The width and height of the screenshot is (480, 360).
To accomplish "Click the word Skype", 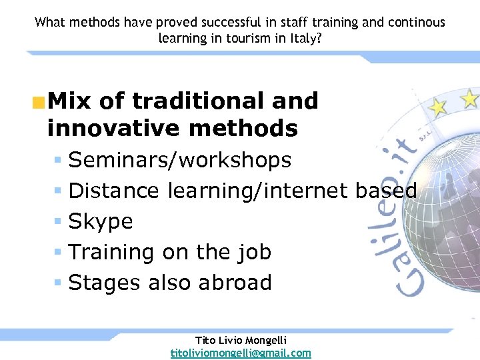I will coord(101,221).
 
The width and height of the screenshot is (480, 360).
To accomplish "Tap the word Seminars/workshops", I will coord(180,160).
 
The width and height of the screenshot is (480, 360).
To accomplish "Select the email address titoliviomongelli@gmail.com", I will coord(241,353).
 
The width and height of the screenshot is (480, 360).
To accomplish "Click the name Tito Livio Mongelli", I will coord(241,340).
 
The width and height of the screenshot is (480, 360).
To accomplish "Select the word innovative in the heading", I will coord(113,127).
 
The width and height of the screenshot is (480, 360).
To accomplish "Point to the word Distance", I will coord(114,191).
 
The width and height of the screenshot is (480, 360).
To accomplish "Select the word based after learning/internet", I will coord(386,191).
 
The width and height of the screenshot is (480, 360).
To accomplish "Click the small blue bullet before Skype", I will coord(58,221).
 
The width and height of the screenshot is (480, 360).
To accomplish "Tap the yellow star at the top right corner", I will coord(470,99).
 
